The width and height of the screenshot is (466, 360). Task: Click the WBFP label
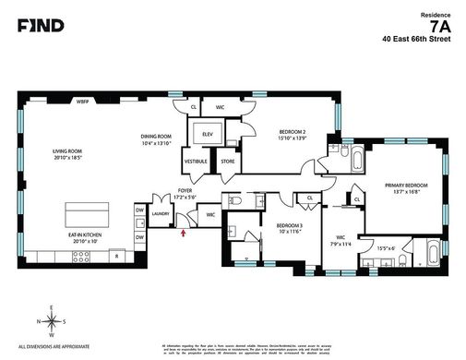[x=82, y=102]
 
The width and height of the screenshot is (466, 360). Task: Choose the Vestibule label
[x=196, y=161]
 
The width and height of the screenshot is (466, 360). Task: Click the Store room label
[x=226, y=161]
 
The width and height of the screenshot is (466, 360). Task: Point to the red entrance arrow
[x=184, y=234]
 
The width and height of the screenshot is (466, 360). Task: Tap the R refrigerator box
[x=116, y=254]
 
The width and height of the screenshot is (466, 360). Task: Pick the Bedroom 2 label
[x=292, y=133]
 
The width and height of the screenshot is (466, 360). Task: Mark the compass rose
[x=52, y=320]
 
